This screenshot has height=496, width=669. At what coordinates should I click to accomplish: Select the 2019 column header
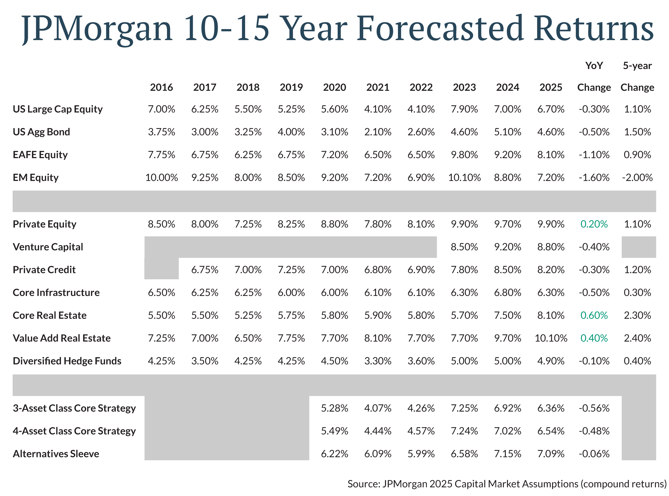point(291,87)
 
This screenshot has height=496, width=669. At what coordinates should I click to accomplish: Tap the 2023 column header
point(464,87)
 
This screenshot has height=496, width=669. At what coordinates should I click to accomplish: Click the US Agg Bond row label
point(41,132)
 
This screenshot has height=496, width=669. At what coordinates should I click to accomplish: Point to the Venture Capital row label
point(48,247)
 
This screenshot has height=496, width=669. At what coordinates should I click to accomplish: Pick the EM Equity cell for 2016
point(161,178)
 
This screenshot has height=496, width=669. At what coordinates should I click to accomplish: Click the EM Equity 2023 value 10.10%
point(464,178)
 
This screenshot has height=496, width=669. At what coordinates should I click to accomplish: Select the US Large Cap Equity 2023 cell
point(464,109)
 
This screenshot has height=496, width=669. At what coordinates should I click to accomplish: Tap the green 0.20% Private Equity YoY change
point(594,224)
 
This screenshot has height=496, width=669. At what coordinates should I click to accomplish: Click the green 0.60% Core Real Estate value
point(594,315)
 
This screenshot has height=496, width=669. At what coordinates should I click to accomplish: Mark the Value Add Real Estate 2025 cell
point(551,338)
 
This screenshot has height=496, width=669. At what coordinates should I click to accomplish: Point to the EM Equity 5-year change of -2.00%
point(637,178)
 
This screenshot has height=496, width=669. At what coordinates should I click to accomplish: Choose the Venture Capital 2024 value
point(508,247)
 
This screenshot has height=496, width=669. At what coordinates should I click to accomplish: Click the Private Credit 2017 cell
point(205,270)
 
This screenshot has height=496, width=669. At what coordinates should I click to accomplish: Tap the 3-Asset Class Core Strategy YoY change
point(594,408)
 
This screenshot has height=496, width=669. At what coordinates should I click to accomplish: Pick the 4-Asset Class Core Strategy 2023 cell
point(464,431)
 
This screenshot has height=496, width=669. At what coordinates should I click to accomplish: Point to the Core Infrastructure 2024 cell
point(508,292)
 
